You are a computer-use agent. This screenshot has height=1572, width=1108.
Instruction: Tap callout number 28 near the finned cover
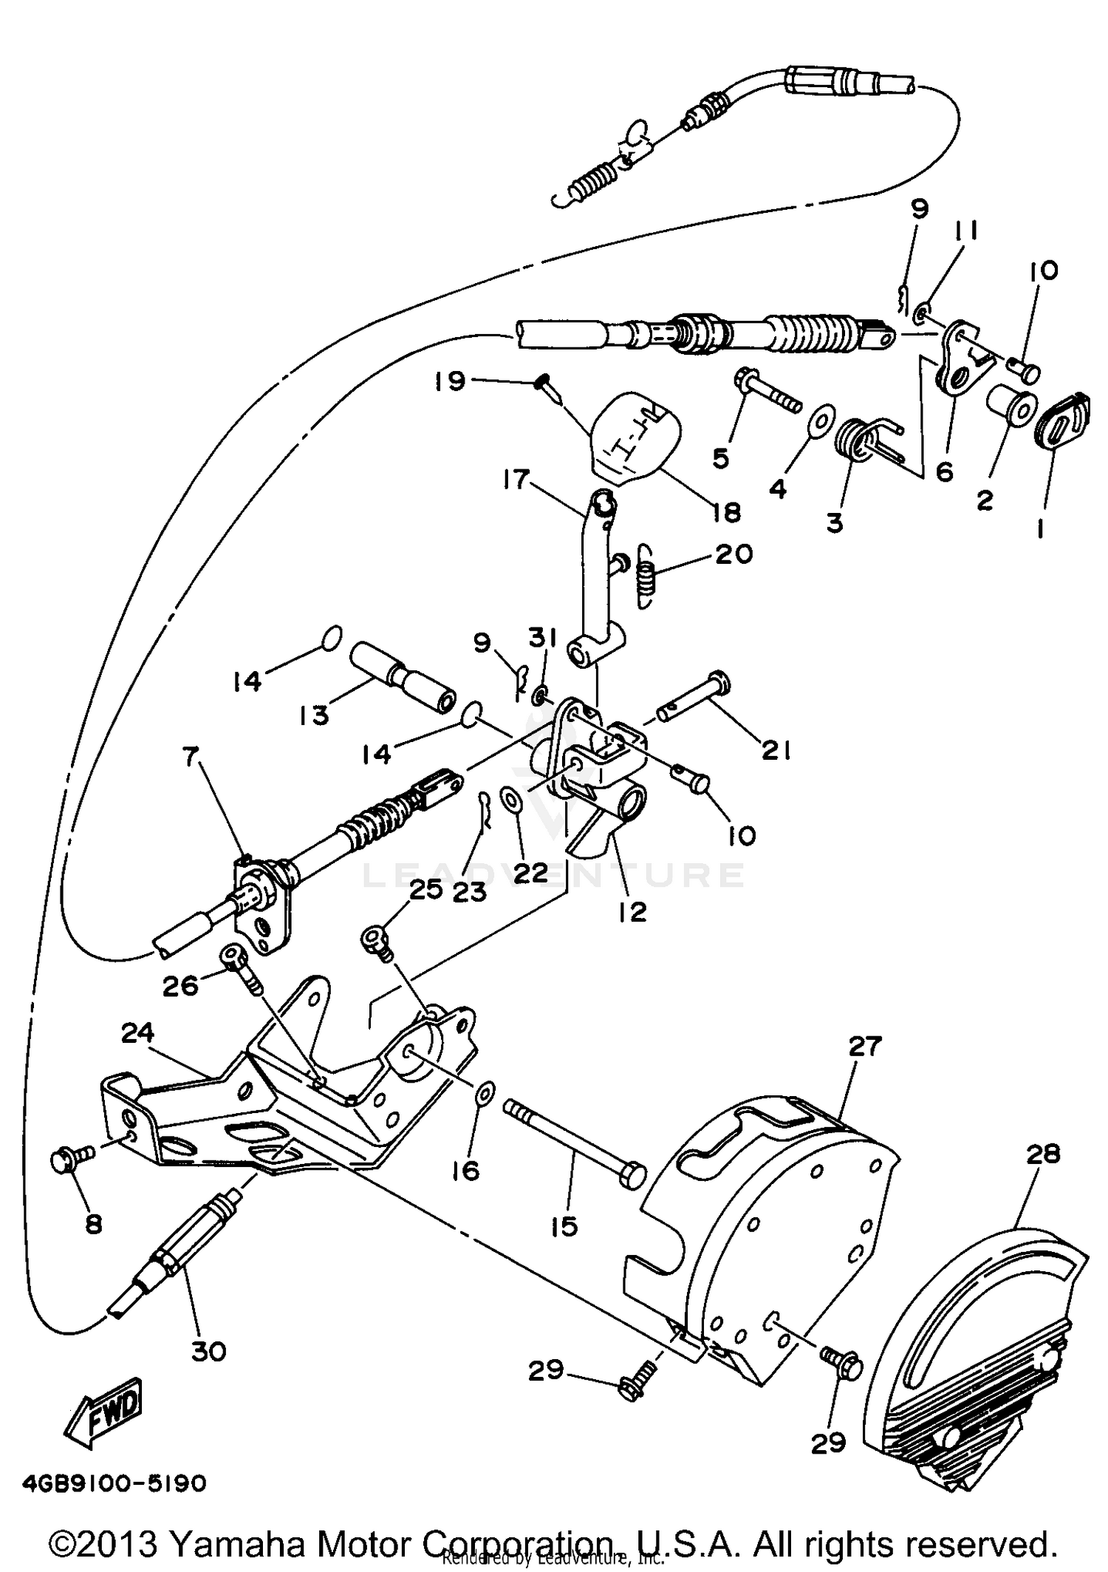coord(1042,1154)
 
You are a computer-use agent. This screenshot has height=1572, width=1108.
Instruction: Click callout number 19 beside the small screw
coord(450,381)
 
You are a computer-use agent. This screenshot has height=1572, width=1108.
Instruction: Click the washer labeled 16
coord(485,1093)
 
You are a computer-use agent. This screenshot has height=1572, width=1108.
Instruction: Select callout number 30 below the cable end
coord(208,1351)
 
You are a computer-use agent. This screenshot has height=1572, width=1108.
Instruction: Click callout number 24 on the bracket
coord(137,1032)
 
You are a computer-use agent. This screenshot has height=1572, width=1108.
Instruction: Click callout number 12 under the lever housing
coord(633,911)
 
